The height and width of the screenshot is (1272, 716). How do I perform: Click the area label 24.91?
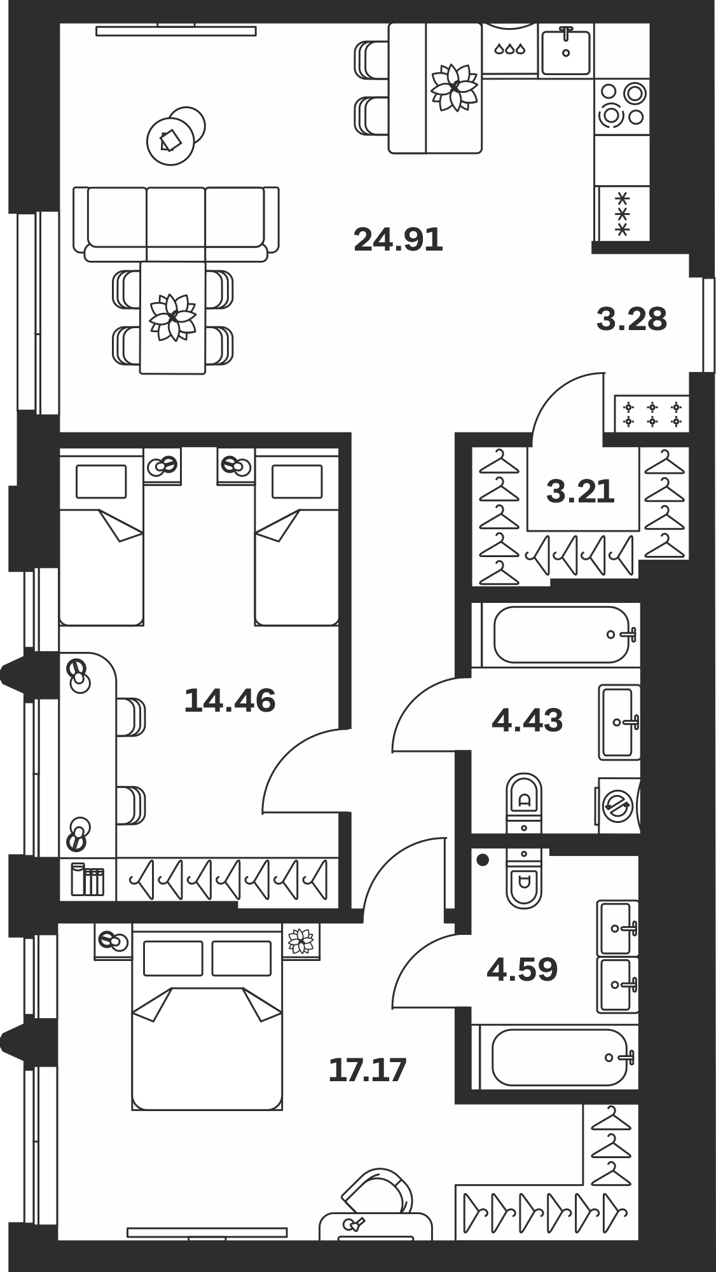tap(398, 240)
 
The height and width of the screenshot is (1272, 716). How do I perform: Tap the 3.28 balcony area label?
tap(632, 319)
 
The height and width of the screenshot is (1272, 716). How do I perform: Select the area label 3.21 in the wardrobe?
tap(581, 491)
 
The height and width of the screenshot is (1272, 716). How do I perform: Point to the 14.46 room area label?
tap(230, 700)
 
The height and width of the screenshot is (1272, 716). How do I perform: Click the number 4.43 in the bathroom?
tap(528, 721)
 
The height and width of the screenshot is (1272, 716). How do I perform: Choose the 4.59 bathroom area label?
tap(522, 969)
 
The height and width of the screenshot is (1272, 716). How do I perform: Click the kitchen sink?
tap(566, 50)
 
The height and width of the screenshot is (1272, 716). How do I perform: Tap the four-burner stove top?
tap(622, 105)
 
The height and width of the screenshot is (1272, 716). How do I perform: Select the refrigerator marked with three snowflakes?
tap(622, 213)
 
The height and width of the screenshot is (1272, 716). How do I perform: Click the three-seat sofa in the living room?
tap(176, 224)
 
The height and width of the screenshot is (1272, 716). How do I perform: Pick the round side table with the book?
tap(170, 141)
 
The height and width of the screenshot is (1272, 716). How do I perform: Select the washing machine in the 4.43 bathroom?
tap(617, 805)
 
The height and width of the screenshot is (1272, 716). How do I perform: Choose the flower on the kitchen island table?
tap(455, 87)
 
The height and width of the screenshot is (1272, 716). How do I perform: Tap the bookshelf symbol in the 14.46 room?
tap(87, 879)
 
